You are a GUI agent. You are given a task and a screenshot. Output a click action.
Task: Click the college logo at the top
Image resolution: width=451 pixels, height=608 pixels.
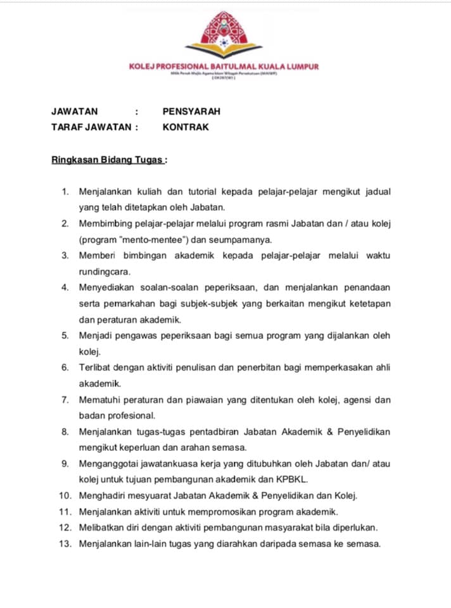(224, 34)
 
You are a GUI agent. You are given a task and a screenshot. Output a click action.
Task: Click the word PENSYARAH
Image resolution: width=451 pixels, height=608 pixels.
(191, 111)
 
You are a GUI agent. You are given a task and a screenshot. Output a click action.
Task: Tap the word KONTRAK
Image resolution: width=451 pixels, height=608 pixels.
(186, 127)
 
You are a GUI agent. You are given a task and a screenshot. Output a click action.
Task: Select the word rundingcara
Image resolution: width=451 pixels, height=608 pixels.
(104, 271)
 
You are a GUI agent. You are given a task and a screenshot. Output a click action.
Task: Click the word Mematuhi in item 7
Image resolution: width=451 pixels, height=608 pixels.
(99, 400)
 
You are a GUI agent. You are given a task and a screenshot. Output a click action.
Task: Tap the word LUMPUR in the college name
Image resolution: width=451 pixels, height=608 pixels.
(300, 66)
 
